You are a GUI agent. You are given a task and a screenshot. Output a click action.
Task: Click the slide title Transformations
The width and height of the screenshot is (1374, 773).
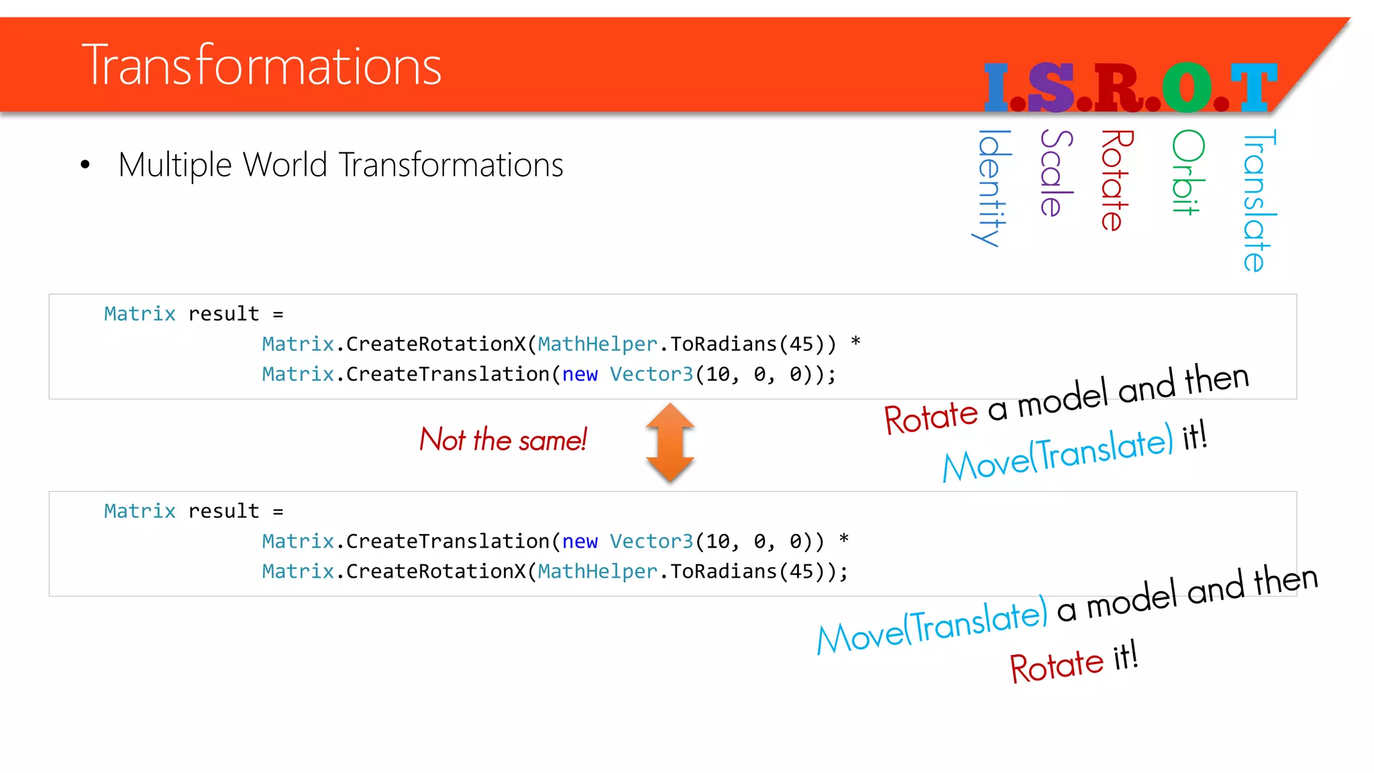click(262, 66)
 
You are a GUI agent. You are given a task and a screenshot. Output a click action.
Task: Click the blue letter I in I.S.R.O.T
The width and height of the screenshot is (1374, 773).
click(996, 88)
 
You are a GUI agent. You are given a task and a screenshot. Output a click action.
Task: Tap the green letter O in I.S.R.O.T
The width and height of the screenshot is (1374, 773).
click(1187, 88)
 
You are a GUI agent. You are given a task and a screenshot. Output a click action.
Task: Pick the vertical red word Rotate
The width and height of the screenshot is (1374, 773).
click(1115, 181)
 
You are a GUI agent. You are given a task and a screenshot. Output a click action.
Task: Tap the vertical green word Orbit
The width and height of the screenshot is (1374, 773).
click(1187, 172)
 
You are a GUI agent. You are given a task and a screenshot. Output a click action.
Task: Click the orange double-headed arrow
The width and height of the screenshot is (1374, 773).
click(670, 443)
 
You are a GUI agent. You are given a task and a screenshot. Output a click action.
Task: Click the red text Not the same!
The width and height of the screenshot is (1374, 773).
click(503, 440)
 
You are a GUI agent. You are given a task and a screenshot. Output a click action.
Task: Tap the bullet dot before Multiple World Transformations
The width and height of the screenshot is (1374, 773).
click(85, 164)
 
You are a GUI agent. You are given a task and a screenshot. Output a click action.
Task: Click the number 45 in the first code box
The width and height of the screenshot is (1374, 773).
click(802, 344)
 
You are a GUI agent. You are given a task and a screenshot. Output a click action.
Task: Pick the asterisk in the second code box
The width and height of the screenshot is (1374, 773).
click(844, 540)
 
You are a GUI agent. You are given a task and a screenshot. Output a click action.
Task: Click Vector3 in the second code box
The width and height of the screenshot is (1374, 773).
click(651, 542)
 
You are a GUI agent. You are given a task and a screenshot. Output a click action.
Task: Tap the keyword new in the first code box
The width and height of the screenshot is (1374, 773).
click(580, 374)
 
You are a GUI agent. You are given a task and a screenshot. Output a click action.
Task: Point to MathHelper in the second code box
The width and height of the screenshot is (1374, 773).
click(597, 572)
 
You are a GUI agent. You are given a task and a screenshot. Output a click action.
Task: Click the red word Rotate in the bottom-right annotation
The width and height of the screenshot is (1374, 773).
click(1056, 666)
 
